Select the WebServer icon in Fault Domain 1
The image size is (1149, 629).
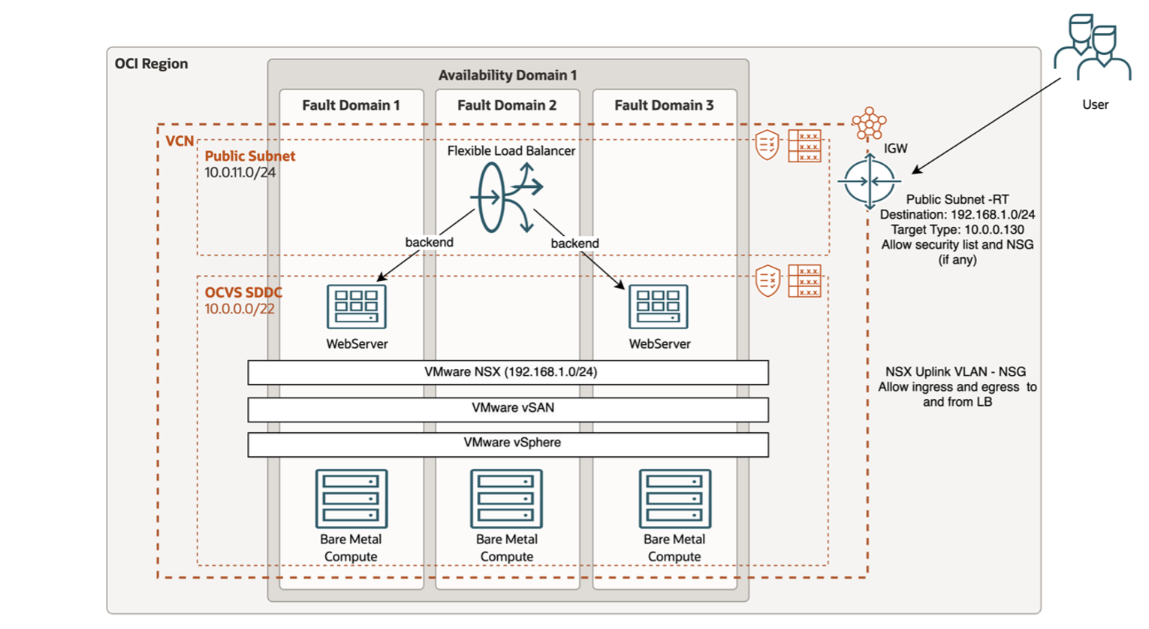point(357,307)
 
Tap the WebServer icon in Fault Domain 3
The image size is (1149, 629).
point(659,307)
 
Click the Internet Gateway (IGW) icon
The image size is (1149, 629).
point(869,181)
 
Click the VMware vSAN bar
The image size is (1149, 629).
point(508,408)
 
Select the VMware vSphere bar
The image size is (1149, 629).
point(508,443)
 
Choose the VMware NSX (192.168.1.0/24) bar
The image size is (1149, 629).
point(508,372)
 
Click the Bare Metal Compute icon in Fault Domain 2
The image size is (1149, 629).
point(507,498)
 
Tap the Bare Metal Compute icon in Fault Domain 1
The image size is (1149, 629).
point(351,498)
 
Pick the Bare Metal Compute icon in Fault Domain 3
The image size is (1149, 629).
point(674,498)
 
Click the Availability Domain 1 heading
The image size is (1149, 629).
point(508,75)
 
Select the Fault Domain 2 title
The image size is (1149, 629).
point(507,105)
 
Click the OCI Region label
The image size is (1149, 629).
point(151,64)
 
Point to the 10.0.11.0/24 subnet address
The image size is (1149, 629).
point(240,173)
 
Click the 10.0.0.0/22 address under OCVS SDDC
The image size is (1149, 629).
point(240,309)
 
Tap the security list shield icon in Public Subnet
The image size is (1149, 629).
point(767,144)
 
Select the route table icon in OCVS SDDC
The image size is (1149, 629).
point(804,281)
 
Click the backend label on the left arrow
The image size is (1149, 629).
point(429,242)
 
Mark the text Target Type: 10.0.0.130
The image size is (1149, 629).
point(957,230)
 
